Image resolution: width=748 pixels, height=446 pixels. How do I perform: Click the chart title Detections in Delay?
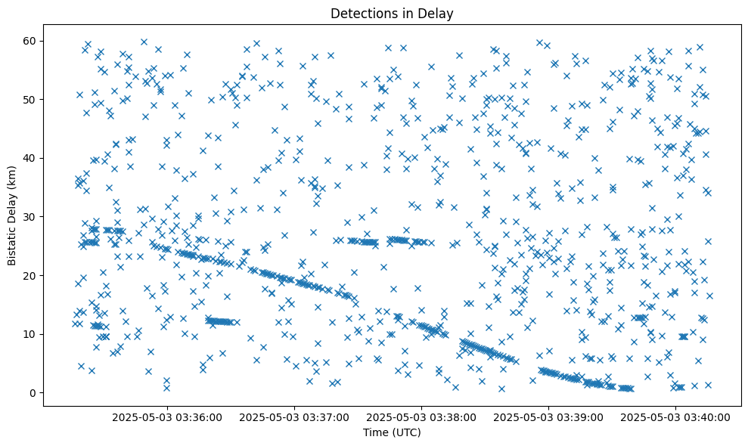[392, 13]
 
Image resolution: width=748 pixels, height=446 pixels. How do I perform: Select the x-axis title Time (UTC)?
[392, 433]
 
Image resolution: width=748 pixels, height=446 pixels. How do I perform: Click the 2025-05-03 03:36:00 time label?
[168, 417]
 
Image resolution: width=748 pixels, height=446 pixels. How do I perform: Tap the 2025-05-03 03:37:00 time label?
[295, 417]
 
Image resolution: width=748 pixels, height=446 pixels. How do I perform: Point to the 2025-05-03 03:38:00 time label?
[422, 417]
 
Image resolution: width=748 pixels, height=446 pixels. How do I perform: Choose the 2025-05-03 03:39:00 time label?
[549, 417]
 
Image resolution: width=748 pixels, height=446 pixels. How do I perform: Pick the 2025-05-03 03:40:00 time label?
[676, 417]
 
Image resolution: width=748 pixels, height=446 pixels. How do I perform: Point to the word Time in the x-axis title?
[375, 433]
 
